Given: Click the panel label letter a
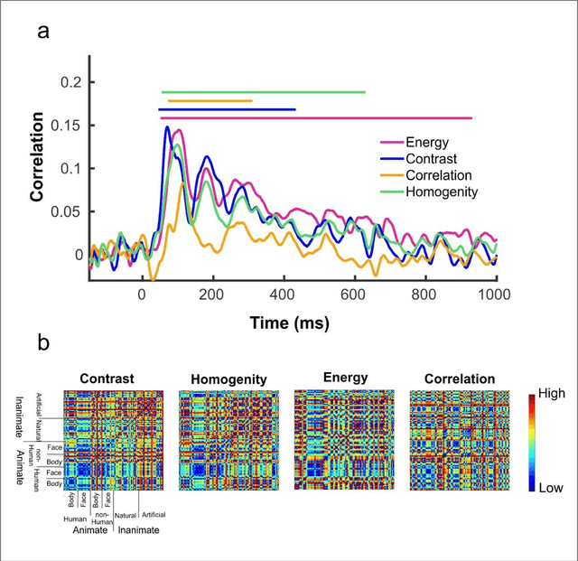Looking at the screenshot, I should point(42,33).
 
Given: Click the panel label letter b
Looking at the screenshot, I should point(42,344).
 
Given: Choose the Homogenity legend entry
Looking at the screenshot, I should point(442,192).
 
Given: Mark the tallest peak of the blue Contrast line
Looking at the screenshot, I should point(167,127).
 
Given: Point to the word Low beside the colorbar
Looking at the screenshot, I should point(550,487).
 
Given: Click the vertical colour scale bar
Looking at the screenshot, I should point(532,441).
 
